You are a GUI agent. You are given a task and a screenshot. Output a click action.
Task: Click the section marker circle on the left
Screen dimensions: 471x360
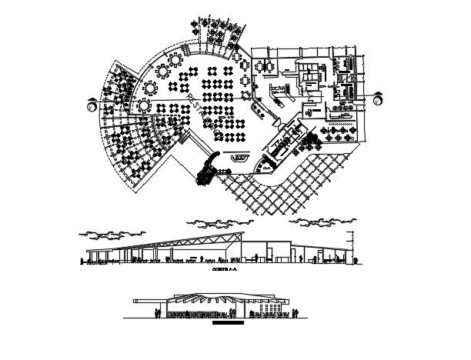[x=92, y=106]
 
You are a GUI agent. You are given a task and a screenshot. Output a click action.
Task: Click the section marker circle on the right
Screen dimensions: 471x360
[x=377, y=99]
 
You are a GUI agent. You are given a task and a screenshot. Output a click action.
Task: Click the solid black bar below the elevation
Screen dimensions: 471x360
[x=228, y=323]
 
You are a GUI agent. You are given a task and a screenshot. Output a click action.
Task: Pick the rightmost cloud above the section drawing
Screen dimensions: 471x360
[x=322, y=224]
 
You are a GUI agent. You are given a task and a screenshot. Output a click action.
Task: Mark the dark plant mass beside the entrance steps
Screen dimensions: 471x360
[x=207, y=170]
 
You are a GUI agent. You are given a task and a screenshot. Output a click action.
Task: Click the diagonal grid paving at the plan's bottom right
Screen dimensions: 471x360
[x=292, y=185]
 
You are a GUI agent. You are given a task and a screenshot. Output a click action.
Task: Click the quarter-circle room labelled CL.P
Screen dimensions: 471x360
[x=266, y=165]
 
